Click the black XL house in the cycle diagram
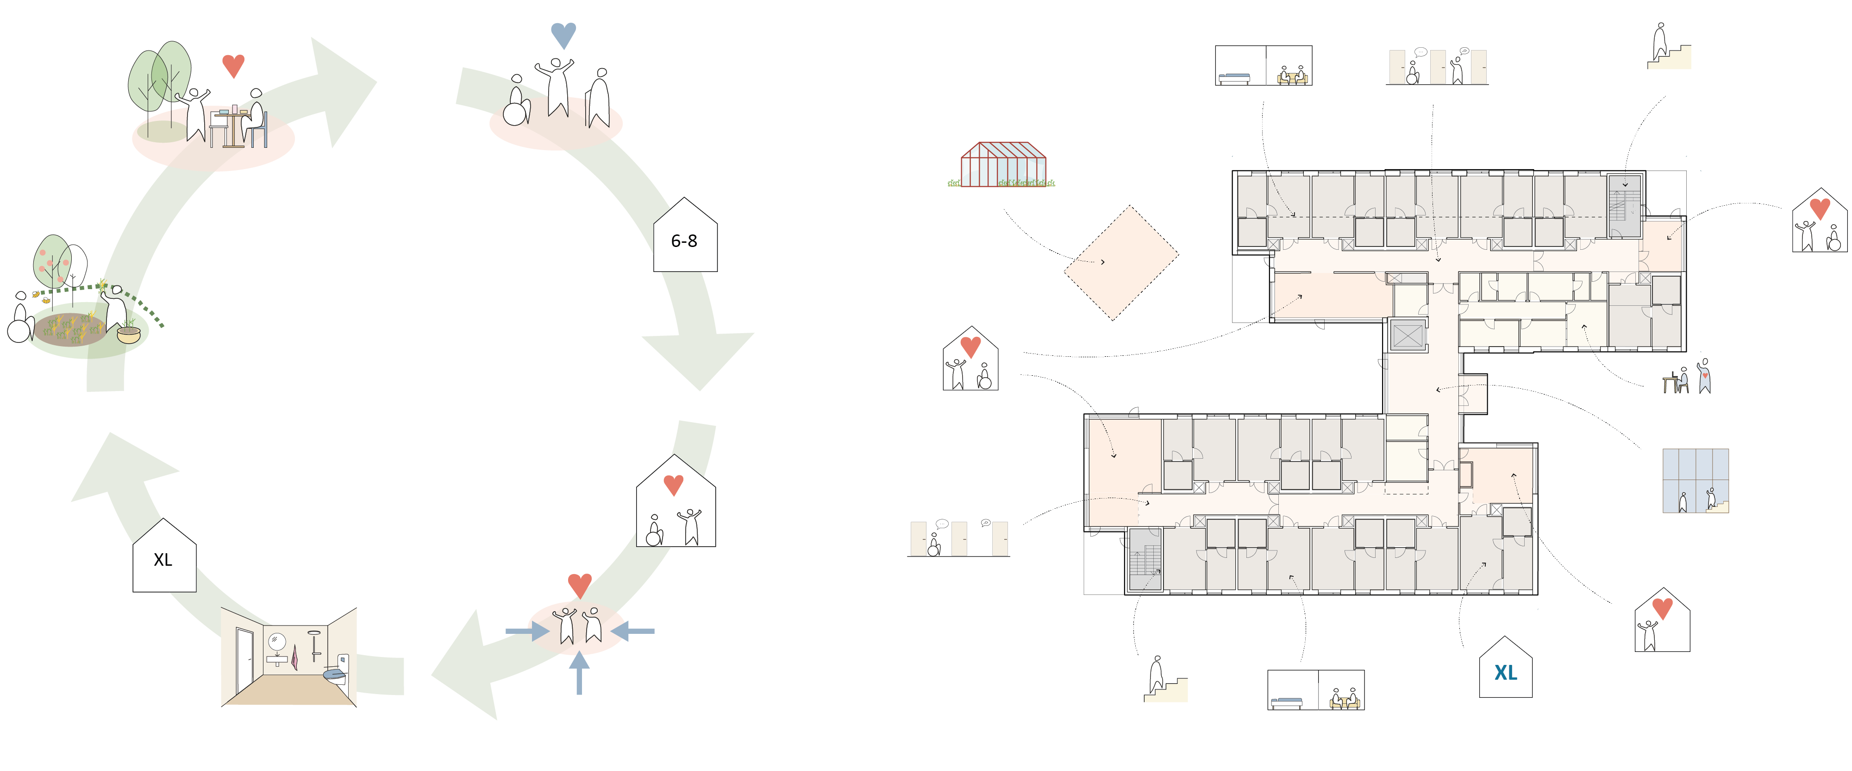(164, 557)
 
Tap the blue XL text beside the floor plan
(1506, 672)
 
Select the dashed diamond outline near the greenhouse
(1121, 263)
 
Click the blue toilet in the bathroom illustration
(334, 674)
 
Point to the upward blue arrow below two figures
(579, 672)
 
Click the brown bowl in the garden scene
(129, 335)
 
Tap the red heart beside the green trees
(233, 65)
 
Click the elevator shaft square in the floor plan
(1407, 335)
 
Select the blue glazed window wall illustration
(1695, 480)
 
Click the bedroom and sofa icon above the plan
(1263, 65)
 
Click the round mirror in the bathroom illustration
(276, 641)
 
